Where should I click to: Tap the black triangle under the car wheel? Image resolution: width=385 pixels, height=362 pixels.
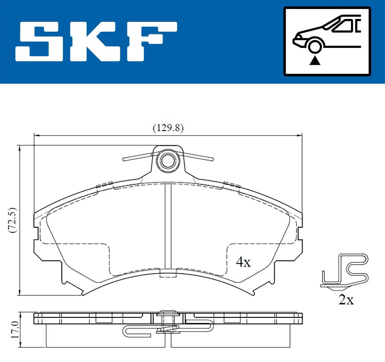pos(315,60)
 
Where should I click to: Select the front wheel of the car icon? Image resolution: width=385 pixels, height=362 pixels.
pos(315,46)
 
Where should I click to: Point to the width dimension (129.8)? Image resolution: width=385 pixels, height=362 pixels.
pos(168,128)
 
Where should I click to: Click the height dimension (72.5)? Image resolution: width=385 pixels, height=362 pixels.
pos(13,220)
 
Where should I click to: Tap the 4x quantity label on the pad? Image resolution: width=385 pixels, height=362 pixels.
pos(243,262)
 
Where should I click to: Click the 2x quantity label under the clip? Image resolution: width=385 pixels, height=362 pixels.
pos(346,300)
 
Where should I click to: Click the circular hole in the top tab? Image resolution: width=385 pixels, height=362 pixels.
pos(168,160)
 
